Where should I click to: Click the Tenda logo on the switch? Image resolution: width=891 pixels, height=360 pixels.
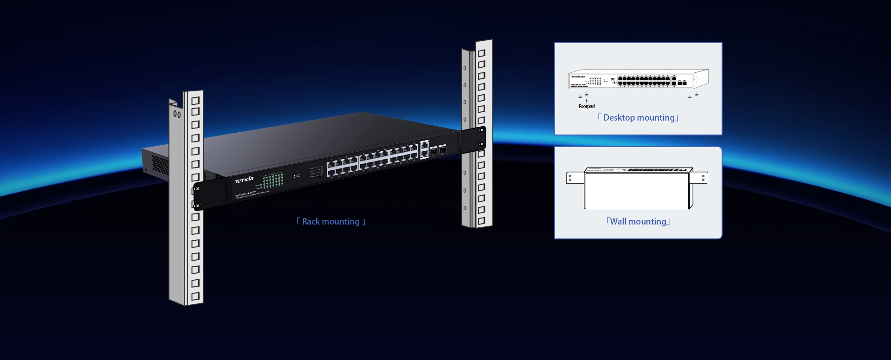click(x=244, y=180)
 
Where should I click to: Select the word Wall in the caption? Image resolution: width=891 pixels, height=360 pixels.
click(x=618, y=222)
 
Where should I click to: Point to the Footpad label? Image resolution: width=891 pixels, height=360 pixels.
click(x=587, y=107)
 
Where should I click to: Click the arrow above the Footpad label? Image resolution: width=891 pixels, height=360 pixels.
click(x=587, y=101)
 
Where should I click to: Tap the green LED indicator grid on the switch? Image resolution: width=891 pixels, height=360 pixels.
click(x=273, y=180)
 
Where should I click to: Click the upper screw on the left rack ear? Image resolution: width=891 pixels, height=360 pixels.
click(x=198, y=189)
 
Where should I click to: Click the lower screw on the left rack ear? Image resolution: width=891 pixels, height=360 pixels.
click(x=198, y=206)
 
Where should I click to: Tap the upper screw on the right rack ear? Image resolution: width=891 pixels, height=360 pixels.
click(x=482, y=130)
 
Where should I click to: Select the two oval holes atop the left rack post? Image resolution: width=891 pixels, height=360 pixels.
click(x=177, y=114)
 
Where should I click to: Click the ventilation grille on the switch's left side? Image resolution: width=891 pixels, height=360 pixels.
click(x=160, y=165)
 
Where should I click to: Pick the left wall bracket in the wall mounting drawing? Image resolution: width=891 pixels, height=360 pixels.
click(x=575, y=178)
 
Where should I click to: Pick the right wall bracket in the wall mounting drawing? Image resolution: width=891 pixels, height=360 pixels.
click(x=699, y=178)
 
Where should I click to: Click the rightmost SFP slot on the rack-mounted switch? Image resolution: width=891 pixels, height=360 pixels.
click(x=443, y=150)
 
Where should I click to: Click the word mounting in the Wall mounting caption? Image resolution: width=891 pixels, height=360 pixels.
click(x=647, y=222)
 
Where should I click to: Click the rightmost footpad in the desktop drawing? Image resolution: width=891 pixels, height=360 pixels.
click(x=697, y=94)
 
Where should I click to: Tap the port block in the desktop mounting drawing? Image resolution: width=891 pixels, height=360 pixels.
click(x=644, y=81)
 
